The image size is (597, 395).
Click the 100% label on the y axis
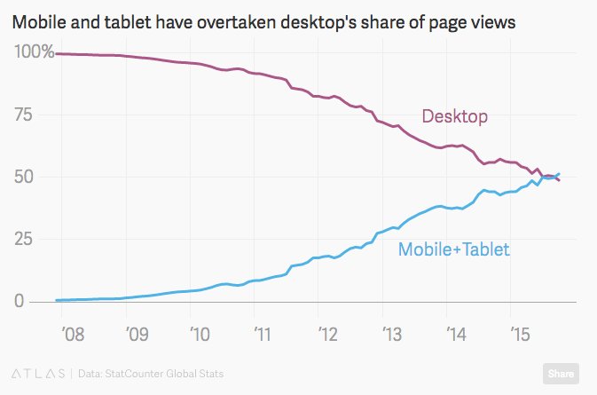pyautogui.click(x=33, y=52)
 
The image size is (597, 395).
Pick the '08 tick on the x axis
pyautogui.click(x=71, y=336)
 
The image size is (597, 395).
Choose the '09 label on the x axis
pyautogui.click(x=135, y=336)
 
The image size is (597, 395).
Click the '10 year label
pyautogui.click(x=199, y=336)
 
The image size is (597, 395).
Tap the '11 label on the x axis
pyautogui.click(x=263, y=336)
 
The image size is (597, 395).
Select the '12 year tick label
pyautogui.click(x=326, y=336)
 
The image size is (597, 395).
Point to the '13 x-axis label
pyautogui.click(x=390, y=336)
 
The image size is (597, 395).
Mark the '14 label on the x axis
pyautogui.click(x=454, y=336)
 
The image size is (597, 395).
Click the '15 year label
pyautogui.click(x=518, y=336)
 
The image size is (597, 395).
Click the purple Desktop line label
pyautogui.click(x=454, y=115)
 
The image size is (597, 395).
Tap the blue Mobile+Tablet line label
pyautogui.click(x=453, y=249)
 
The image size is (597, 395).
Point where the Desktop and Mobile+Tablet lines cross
pyautogui.click(x=552, y=177)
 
